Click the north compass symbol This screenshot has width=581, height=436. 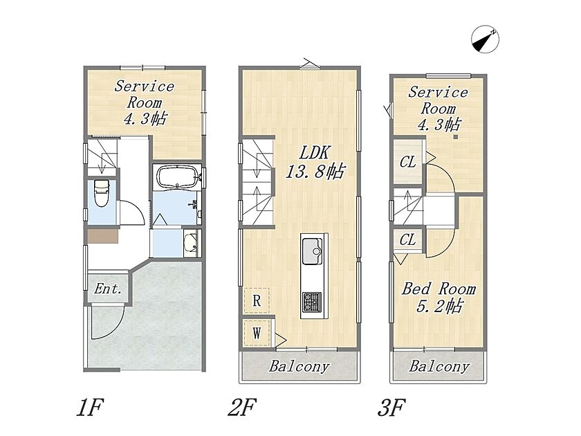485,39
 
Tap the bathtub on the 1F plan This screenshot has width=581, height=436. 177,177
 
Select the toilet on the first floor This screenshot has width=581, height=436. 101,193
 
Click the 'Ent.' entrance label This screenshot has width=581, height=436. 108,289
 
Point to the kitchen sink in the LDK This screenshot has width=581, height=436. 312,251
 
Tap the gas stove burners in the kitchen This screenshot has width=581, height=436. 312,302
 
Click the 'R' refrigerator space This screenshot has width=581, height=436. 257,300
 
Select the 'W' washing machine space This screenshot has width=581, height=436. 257,333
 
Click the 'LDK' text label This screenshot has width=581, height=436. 314,153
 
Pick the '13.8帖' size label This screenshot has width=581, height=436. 315,172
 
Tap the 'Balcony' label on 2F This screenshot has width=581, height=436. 299,367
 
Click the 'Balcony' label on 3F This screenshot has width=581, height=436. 439,367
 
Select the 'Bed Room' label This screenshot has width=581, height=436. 439,289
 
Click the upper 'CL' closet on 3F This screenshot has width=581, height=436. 407,162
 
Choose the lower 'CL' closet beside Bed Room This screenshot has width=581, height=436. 407,240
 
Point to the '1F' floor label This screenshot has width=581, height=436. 89,407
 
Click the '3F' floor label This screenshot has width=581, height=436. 391,407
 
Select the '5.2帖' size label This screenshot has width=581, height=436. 439,307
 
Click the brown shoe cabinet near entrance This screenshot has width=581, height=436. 102,236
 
